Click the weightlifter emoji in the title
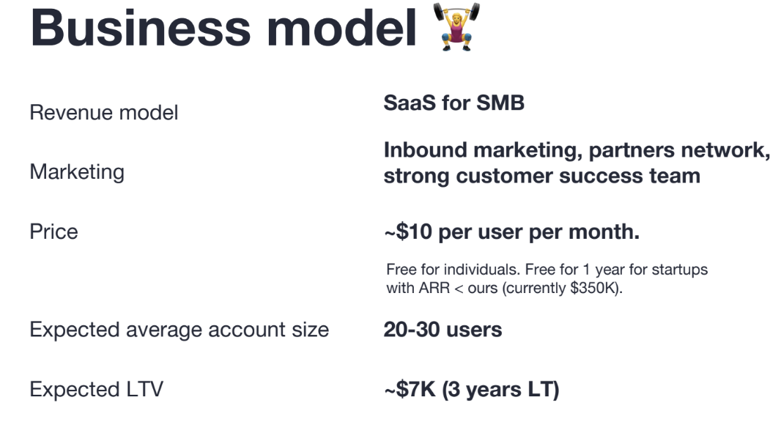(x=457, y=29)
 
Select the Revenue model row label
(x=104, y=113)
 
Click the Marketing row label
(x=77, y=172)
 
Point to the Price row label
(x=53, y=232)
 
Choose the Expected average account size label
(x=179, y=330)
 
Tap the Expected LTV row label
(x=96, y=389)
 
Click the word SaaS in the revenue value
(x=410, y=103)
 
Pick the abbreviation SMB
(x=500, y=103)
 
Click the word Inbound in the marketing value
(x=424, y=150)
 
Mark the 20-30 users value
(x=443, y=330)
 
